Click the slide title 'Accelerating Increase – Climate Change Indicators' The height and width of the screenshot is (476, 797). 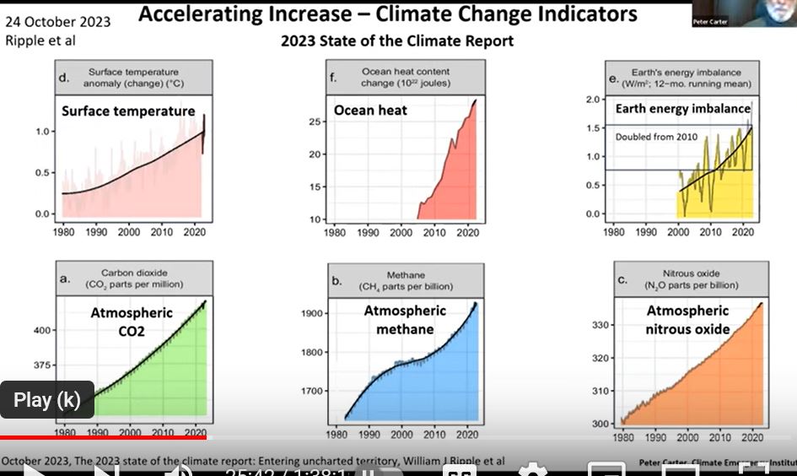(387, 14)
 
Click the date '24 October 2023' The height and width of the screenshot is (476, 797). (58, 22)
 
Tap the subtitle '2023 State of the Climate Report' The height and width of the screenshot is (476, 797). (397, 41)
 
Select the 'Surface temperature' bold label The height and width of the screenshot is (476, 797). (128, 111)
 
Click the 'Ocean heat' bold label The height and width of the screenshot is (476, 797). (370, 110)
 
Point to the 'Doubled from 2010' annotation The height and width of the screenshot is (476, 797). (657, 136)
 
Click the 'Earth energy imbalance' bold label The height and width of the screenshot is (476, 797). (682, 109)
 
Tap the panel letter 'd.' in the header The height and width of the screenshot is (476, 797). (64, 78)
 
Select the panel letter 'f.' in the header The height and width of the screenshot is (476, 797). (333, 78)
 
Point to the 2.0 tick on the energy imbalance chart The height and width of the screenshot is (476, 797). (592, 100)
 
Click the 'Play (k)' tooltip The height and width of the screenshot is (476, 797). (47, 399)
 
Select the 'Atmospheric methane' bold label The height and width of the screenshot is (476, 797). (405, 320)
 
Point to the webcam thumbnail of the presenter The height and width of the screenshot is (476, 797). (742, 14)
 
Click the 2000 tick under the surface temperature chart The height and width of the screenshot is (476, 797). (129, 231)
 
